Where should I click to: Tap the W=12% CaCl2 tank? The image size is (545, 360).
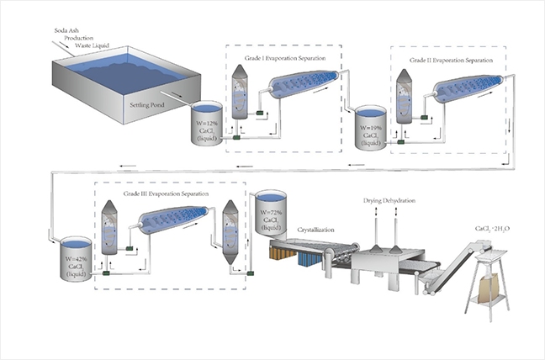pos(204,124)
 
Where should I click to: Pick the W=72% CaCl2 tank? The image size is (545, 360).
pos(271,215)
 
